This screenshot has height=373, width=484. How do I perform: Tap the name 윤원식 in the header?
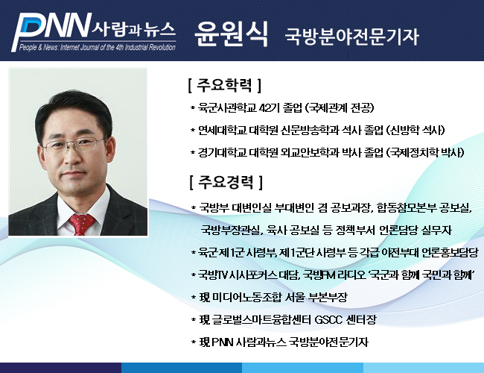[x=231, y=34]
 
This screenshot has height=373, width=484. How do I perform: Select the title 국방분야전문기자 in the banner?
[x=352, y=37]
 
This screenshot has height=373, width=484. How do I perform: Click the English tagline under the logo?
[x=98, y=47]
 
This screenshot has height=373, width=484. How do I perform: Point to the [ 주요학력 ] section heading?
[x=225, y=85]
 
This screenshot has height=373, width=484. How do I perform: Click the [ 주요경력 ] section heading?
[x=226, y=182]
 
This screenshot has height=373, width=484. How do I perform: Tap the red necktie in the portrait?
[x=81, y=224]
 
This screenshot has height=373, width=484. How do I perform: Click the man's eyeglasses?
[x=74, y=145]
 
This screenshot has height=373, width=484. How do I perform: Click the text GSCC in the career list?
[x=328, y=320]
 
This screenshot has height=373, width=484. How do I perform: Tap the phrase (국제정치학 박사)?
[x=426, y=152]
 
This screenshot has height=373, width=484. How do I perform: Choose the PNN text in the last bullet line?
[x=223, y=342]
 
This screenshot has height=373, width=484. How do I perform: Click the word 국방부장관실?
[x=230, y=230]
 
